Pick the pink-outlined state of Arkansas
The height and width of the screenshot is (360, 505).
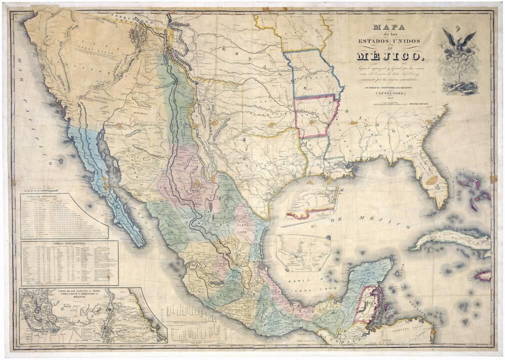tap(315, 116)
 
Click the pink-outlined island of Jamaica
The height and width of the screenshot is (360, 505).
tap(483, 274)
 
